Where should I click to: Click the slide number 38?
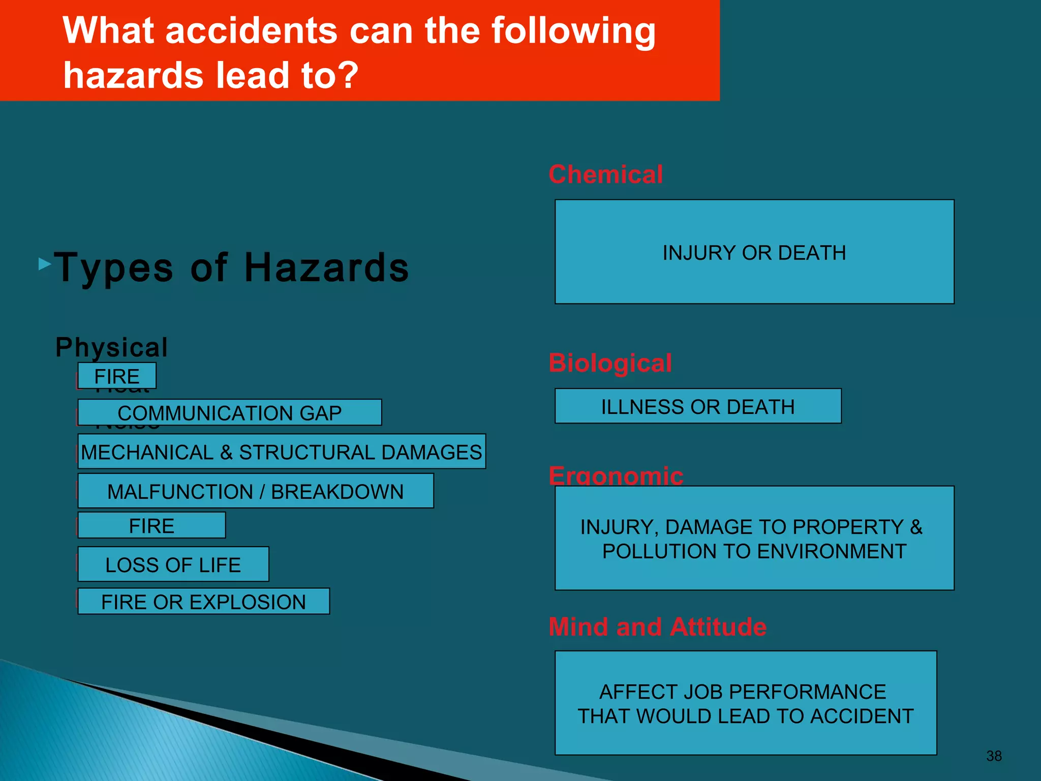click(994, 756)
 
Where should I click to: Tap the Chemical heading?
click(605, 174)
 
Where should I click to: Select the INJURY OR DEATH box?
click(754, 252)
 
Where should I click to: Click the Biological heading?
click(610, 363)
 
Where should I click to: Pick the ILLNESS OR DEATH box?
click(697, 406)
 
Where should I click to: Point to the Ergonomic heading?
click(616, 475)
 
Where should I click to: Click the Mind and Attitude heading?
click(657, 626)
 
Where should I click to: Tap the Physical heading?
click(111, 347)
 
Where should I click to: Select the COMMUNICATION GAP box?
click(229, 412)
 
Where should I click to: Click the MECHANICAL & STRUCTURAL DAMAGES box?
click(282, 452)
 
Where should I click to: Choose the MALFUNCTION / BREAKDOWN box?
click(255, 491)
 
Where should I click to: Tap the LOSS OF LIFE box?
click(173, 564)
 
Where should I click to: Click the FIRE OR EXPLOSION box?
click(203, 602)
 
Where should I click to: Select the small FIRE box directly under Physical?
click(117, 376)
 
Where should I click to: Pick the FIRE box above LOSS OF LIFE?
click(151, 526)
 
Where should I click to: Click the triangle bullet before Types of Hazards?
click(45, 264)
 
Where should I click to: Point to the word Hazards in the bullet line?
click(326, 267)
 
